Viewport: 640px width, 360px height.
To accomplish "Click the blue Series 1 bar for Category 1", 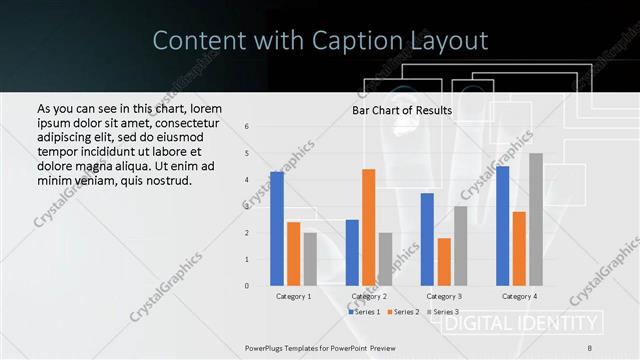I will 277,229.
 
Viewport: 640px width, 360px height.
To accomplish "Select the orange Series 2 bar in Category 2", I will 369,227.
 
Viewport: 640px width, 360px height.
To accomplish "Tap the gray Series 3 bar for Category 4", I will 536,220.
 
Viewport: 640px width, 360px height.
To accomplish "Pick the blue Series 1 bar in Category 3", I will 427,240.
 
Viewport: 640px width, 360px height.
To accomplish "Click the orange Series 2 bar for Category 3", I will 444,262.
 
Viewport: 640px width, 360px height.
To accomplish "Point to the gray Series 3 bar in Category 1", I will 310,259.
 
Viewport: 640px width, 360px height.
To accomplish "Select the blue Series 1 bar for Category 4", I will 502,226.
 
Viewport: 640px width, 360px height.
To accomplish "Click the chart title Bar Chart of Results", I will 402,110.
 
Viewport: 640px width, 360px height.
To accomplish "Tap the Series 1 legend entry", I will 364,312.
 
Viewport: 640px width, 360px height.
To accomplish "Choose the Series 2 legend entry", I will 403,312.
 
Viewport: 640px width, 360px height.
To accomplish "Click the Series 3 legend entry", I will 442,312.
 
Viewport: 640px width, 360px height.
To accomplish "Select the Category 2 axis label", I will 369,297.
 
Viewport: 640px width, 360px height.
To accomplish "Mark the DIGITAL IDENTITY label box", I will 521,323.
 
